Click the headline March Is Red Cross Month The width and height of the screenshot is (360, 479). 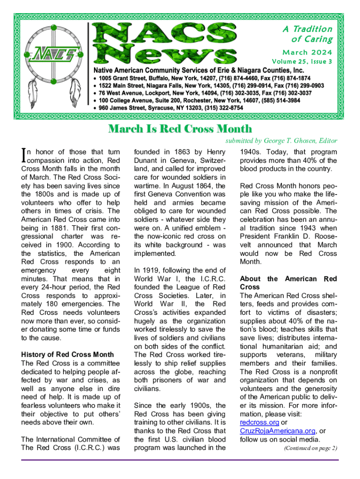pos(180,129)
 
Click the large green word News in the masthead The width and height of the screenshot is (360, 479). pos(168,54)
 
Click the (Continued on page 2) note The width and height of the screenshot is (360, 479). pos(310,448)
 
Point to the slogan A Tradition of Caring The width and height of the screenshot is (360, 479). pos(308,34)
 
